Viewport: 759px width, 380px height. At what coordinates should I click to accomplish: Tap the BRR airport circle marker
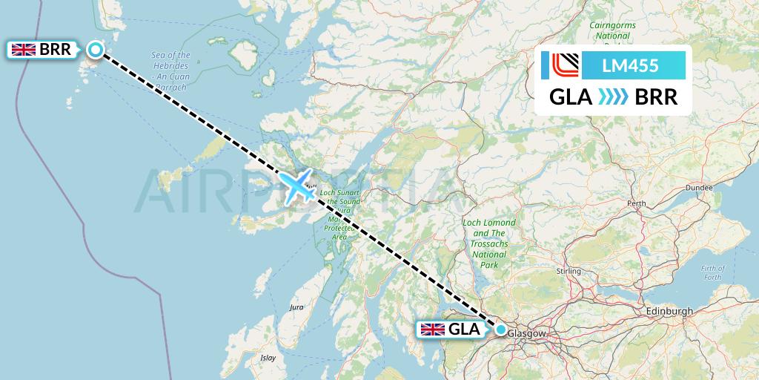96,50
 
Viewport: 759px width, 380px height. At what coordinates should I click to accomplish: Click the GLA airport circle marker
501,330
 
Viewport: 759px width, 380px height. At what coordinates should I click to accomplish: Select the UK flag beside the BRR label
24,50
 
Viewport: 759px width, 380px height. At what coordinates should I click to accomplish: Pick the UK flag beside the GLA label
433,330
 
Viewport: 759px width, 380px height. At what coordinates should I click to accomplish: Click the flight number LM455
630,66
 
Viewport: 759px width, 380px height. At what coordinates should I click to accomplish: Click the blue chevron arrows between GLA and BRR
612,97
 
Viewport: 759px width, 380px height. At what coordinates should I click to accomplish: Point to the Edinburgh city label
669,311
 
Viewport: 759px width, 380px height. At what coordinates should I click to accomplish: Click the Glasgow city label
527,334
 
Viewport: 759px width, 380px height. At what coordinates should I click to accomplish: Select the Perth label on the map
636,203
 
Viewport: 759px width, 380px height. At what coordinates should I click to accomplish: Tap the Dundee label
698,188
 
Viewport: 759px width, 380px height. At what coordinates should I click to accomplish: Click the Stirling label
569,272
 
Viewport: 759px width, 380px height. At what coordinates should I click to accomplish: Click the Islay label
268,358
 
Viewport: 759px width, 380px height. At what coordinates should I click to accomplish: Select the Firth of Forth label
712,272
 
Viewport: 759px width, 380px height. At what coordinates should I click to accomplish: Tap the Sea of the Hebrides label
170,65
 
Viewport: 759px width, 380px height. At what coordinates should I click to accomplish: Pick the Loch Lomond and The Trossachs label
489,238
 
